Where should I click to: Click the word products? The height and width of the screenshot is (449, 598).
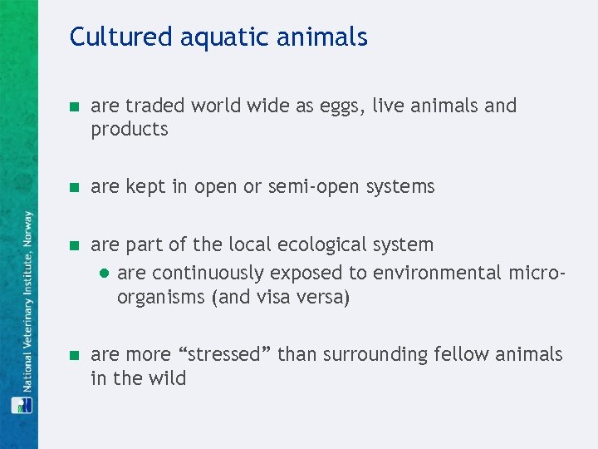[x=130, y=130]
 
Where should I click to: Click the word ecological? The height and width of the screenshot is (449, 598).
[x=307, y=245]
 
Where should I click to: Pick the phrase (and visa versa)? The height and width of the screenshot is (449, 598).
[x=282, y=298]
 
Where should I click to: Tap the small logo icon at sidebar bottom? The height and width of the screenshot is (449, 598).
[x=22, y=405]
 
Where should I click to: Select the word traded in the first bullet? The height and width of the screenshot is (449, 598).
[x=154, y=106]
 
